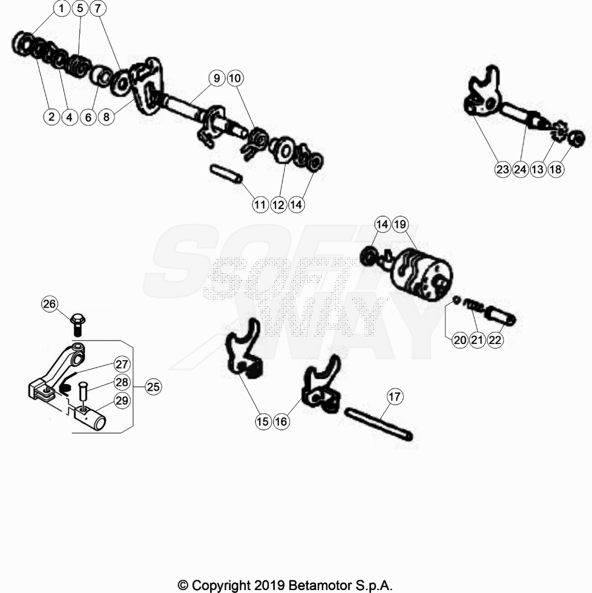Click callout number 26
[x=49, y=304]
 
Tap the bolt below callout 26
[x=78, y=324]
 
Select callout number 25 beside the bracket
[x=153, y=387]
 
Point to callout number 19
[x=399, y=225]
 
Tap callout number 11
[x=260, y=204]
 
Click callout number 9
[x=216, y=78]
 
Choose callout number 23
[x=502, y=169]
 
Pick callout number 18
[x=556, y=169]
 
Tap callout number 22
[x=495, y=340]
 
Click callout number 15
[x=263, y=422]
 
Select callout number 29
[x=122, y=401]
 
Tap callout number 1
[x=61, y=8]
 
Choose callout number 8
[x=106, y=117]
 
